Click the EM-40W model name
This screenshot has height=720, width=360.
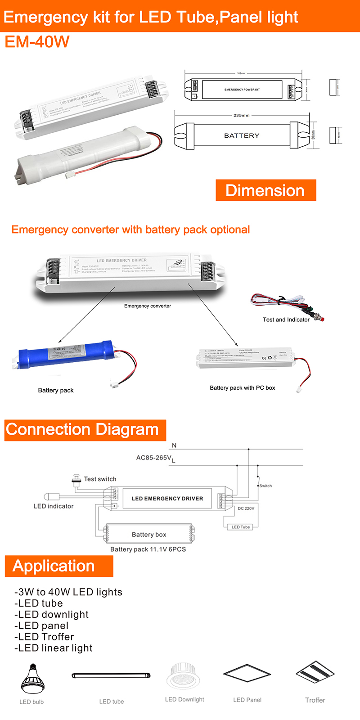[x=37, y=42]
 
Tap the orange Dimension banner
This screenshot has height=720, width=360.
[x=265, y=190]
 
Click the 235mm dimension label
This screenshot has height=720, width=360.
[x=241, y=116]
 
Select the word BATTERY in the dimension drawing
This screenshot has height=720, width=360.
[x=242, y=135]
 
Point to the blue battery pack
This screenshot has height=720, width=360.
[x=67, y=355]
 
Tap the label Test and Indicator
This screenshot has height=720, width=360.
[x=286, y=319]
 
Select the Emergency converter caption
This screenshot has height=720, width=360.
[x=148, y=306]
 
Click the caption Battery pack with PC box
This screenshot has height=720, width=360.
[x=242, y=388]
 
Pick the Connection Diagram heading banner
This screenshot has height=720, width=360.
[x=85, y=430]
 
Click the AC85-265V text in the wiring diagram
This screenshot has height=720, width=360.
[x=154, y=458]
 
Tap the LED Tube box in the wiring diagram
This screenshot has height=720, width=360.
[x=241, y=527]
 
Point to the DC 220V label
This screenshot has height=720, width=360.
[x=246, y=508]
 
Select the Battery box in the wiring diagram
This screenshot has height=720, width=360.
[x=149, y=534]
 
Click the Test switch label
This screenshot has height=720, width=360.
[x=100, y=479]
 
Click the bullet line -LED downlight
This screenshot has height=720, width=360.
[x=51, y=615]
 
